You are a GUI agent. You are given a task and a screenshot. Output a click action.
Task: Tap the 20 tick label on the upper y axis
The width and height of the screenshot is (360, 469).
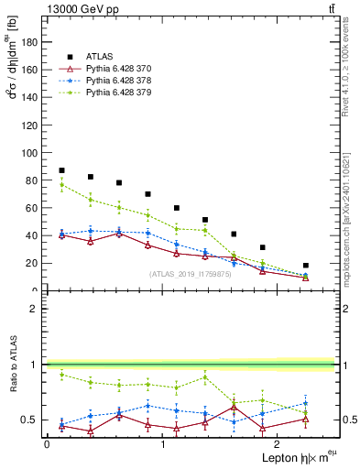[34, 263]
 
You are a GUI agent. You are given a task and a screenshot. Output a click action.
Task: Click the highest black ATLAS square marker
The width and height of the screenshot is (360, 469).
[61, 170]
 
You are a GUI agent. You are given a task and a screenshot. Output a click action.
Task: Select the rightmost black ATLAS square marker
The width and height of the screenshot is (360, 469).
[306, 266]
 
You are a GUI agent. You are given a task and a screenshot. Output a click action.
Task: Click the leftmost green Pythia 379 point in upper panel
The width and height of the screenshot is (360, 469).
[61, 185]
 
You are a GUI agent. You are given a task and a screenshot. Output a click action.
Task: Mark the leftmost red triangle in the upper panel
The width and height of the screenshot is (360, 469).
[61, 235]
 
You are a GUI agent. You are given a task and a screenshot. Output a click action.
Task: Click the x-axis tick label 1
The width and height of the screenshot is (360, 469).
[163, 443]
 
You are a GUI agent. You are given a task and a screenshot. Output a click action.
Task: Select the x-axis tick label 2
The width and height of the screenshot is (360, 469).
[278, 443]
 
